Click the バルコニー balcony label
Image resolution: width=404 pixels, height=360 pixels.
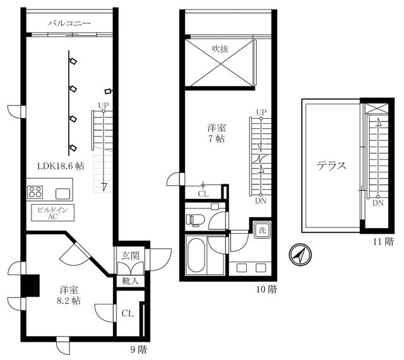click(70, 24)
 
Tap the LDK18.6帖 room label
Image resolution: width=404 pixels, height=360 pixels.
click(61, 167)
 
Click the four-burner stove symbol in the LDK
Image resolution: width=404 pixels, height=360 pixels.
click(35, 192)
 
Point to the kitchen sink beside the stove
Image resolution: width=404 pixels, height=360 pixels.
click(64, 193)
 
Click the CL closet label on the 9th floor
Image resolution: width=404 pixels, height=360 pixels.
click(127, 313)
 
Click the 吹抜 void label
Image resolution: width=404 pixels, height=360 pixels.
click(220, 49)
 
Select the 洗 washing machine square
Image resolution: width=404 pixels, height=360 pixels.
click(261, 230)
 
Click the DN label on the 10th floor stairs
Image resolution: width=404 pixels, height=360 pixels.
click(261, 202)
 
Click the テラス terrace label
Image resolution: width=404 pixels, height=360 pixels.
click(331, 167)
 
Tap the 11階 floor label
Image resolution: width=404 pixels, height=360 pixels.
click(384, 241)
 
